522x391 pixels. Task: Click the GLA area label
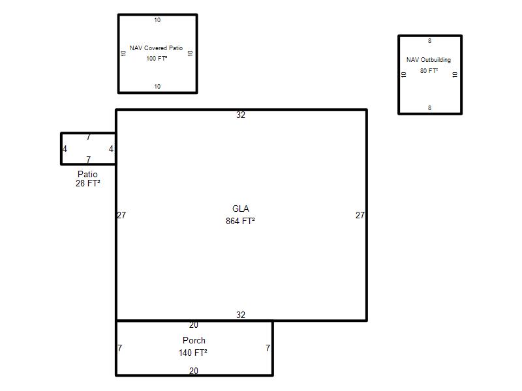[x=240, y=209]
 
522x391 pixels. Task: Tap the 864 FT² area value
[x=240, y=221]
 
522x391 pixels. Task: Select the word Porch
[x=194, y=340]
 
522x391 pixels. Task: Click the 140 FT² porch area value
[x=192, y=353]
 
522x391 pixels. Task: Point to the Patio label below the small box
[x=87, y=174]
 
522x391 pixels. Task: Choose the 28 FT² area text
[x=88, y=183]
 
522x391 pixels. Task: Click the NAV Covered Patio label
[x=156, y=48]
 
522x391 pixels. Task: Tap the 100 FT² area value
[x=157, y=58]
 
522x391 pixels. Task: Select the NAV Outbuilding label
[x=429, y=60]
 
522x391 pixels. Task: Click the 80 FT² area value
[x=429, y=70]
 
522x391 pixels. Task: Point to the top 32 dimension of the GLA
[x=241, y=115]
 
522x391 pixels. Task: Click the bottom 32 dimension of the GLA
[x=241, y=315]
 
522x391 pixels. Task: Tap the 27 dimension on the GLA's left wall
[x=121, y=215]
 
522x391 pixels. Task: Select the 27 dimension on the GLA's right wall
[x=360, y=215]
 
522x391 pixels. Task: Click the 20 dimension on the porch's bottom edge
[x=193, y=371]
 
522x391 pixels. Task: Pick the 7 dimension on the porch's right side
[x=268, y=348]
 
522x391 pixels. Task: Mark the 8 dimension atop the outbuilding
[x=429, y=41]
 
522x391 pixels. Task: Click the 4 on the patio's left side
[x=65, y=149]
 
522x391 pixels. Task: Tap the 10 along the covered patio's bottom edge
[x=157, y=87]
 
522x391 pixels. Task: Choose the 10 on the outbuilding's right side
[x=455, y=75]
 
